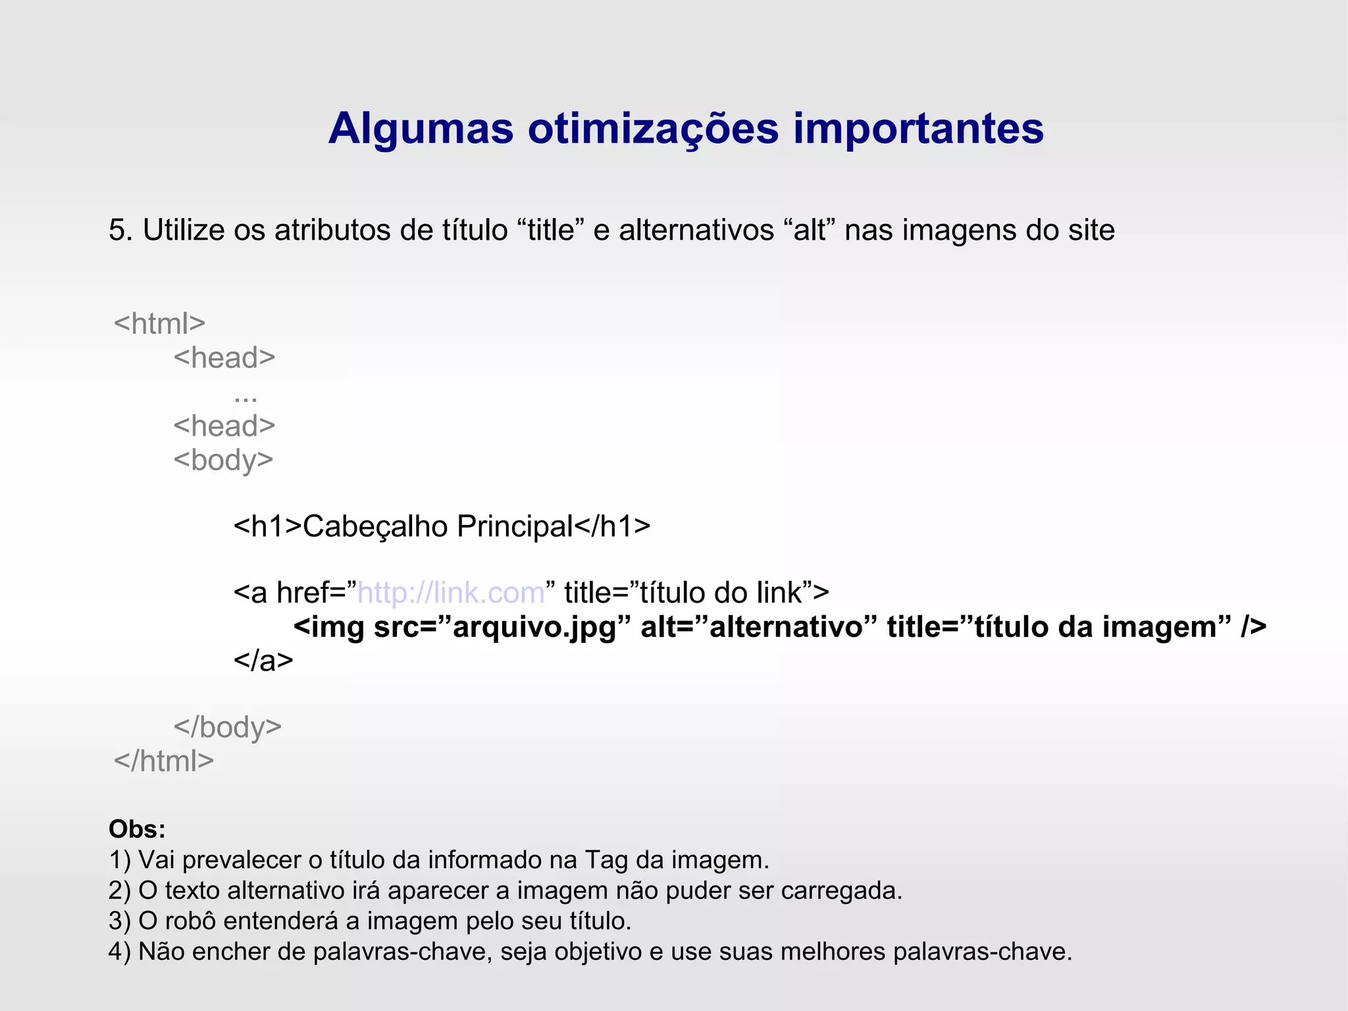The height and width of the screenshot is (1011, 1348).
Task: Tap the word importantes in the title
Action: [x=918, y=129]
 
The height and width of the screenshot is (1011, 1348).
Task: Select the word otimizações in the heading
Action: [x=653, y=129]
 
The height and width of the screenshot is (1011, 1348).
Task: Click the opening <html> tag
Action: [x=159, y=324]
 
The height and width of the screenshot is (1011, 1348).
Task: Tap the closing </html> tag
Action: [x=164, y=761]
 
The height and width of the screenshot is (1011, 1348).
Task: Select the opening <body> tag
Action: [x=223, y=460]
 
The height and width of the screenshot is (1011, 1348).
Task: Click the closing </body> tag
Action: [x=228, y=728]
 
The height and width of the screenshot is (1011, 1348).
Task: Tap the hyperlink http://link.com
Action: [x=451, y=593]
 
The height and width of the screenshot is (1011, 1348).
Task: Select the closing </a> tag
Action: [x=263, y=660]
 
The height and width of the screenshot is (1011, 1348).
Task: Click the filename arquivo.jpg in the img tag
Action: [x=534, y=627]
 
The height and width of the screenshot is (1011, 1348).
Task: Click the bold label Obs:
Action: [x=137, y=829]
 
